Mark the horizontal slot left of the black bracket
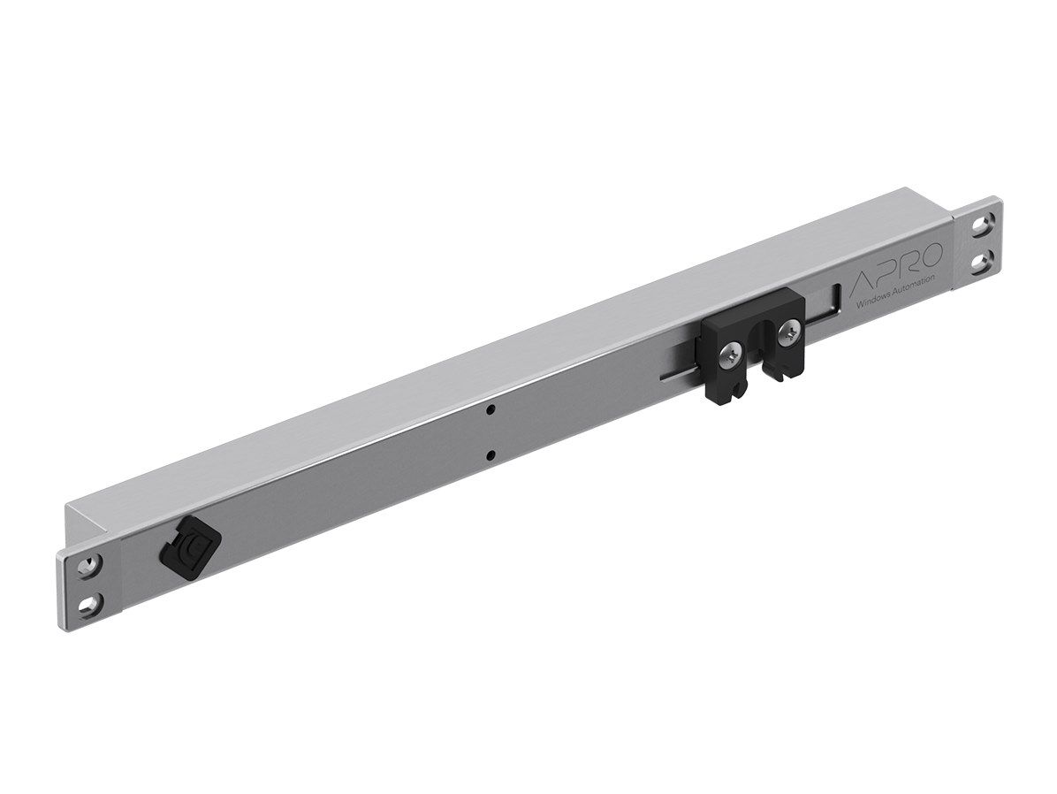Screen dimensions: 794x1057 (681, 377)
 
